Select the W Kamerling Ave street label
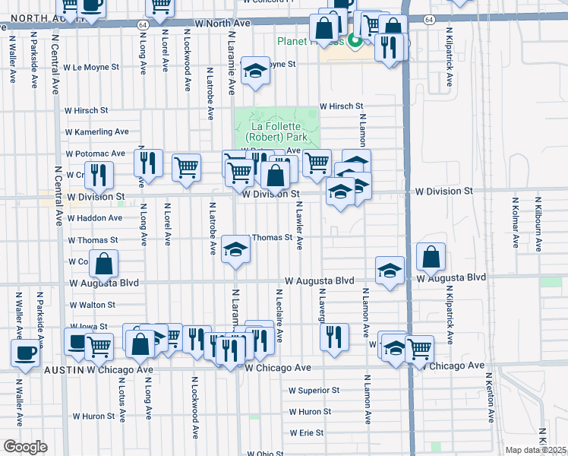tap(97, 131)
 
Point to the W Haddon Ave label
tap(95, 218)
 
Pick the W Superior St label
tap(314, 391)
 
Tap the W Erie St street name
tap(306, 433)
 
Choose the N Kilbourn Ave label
tap(538, 224)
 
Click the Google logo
tap(25, 447)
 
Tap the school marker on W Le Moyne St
tap(256, 71)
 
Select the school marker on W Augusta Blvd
tap(390, 271)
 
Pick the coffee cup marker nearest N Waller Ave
tap(25, 353)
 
